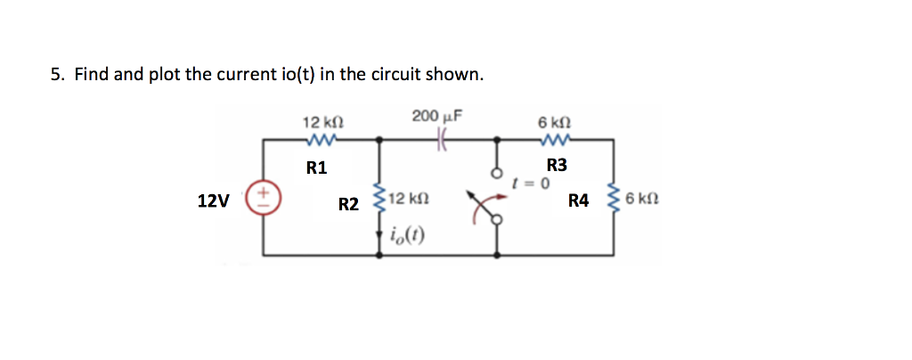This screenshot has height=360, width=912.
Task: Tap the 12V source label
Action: coord(213,201)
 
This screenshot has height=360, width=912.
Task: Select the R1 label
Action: coord(316,167)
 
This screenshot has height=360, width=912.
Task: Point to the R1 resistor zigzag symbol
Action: coord(319,139)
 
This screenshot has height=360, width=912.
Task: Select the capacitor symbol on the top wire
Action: coord(441,138)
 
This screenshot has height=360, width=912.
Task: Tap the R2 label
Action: coord(348,205)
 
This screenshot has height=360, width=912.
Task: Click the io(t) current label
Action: coord(406,236)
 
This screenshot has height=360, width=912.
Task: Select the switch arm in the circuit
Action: coord(486,207)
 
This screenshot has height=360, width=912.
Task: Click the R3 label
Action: coord(557,165)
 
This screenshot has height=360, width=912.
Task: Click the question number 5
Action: coord(55,75)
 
